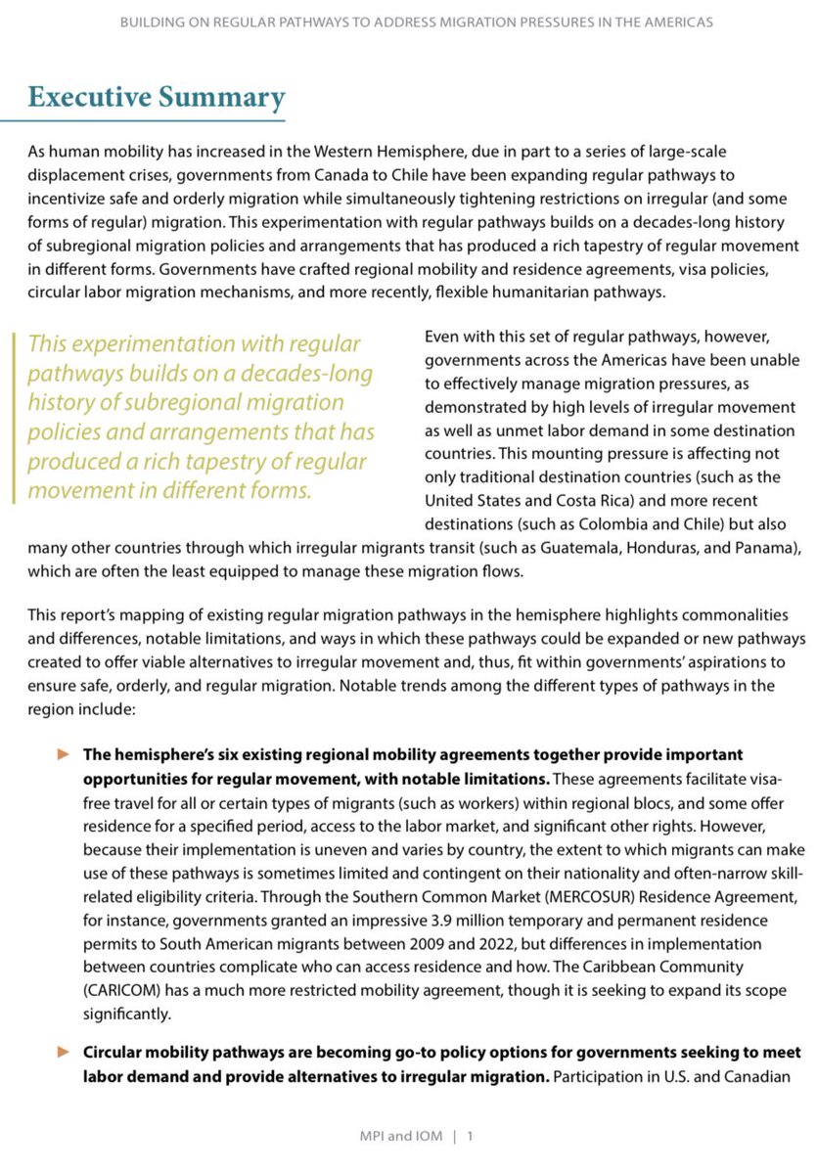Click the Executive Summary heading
tap(157, 98)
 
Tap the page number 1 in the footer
tap(471, 1137)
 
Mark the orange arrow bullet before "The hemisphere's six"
tap(65, 756)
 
